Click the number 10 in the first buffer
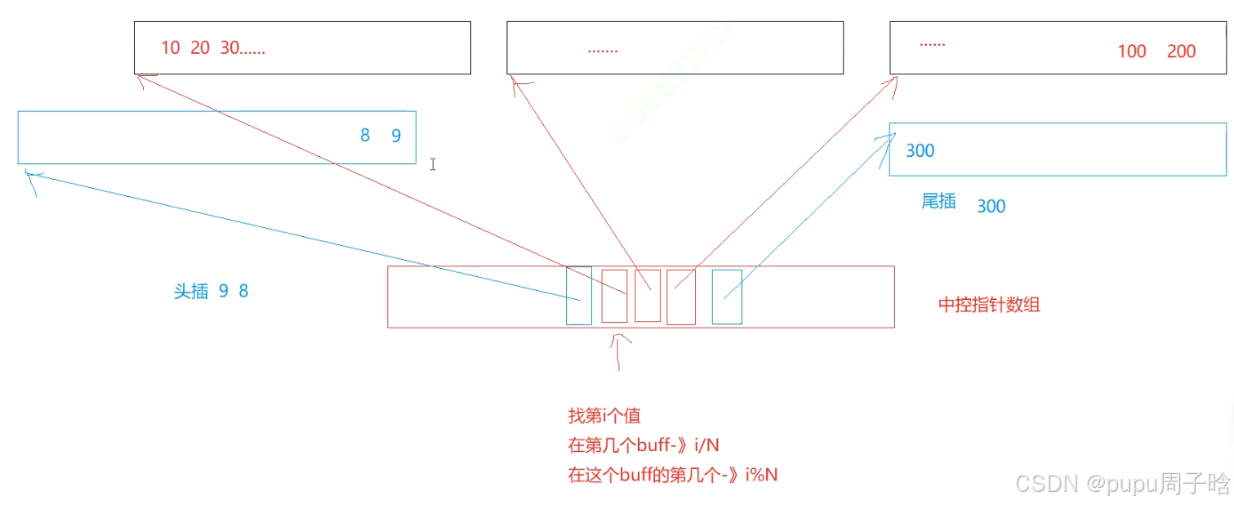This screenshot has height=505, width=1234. [170, 48]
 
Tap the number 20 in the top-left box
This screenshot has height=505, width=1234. [200, 48]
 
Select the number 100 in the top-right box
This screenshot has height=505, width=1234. [1132, 51]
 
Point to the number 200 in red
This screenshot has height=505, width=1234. [1181, 51]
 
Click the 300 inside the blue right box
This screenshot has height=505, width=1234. [920, 151]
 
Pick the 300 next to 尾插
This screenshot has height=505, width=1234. [991, 206]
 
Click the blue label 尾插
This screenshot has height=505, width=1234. [938, 202]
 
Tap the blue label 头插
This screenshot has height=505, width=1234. [191, 292]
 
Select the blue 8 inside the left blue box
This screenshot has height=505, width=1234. [365, 136]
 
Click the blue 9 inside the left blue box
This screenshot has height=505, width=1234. [396, 136]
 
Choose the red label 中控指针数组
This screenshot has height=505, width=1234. [989, 306]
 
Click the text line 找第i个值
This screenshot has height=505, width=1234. [604, 416]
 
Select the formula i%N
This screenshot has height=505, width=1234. [761, 473]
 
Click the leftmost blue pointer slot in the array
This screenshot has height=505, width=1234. [578, 295]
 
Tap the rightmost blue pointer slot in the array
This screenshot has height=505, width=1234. [727, 297]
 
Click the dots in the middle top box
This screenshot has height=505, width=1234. [603, 50]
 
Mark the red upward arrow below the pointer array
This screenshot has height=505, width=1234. [620, 351]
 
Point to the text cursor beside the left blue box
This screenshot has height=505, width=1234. [433, 164]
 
